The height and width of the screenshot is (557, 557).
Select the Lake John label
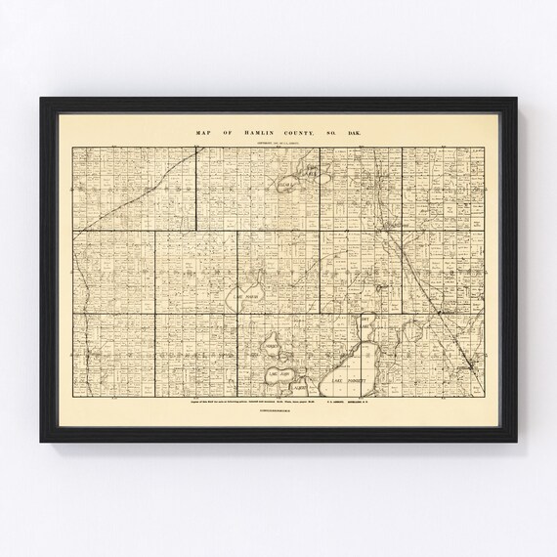click(x=277, y=372)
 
